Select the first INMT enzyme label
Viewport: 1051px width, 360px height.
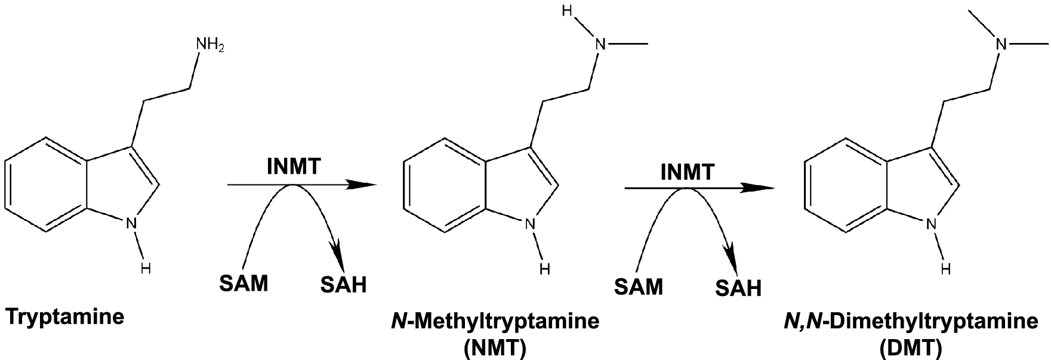point(294,168)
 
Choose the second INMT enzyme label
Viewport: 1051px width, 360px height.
point(687,172)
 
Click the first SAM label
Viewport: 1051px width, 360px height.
point(244,283)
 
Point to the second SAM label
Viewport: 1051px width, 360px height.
point(639,287)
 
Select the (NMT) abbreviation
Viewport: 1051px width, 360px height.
point(495,348)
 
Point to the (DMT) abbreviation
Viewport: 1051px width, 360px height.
point(910,348)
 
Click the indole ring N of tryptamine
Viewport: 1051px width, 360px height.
point(131,224)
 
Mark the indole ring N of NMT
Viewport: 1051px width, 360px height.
point(529,225)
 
